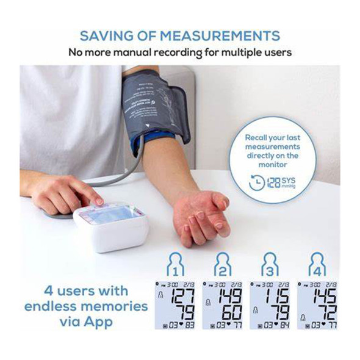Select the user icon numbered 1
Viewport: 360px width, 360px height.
[x=175, y=264]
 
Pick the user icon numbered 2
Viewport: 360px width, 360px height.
[x=223, y=264]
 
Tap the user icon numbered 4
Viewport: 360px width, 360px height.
[x=317, y=264]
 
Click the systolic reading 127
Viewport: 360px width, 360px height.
[x=181, y=297]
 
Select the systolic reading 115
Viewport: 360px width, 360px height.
[x=276, y=297]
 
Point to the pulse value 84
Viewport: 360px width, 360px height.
[x=284, y=325]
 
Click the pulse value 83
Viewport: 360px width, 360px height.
[x=189, y=325]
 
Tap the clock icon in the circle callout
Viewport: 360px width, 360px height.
[x=258, y=182]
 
